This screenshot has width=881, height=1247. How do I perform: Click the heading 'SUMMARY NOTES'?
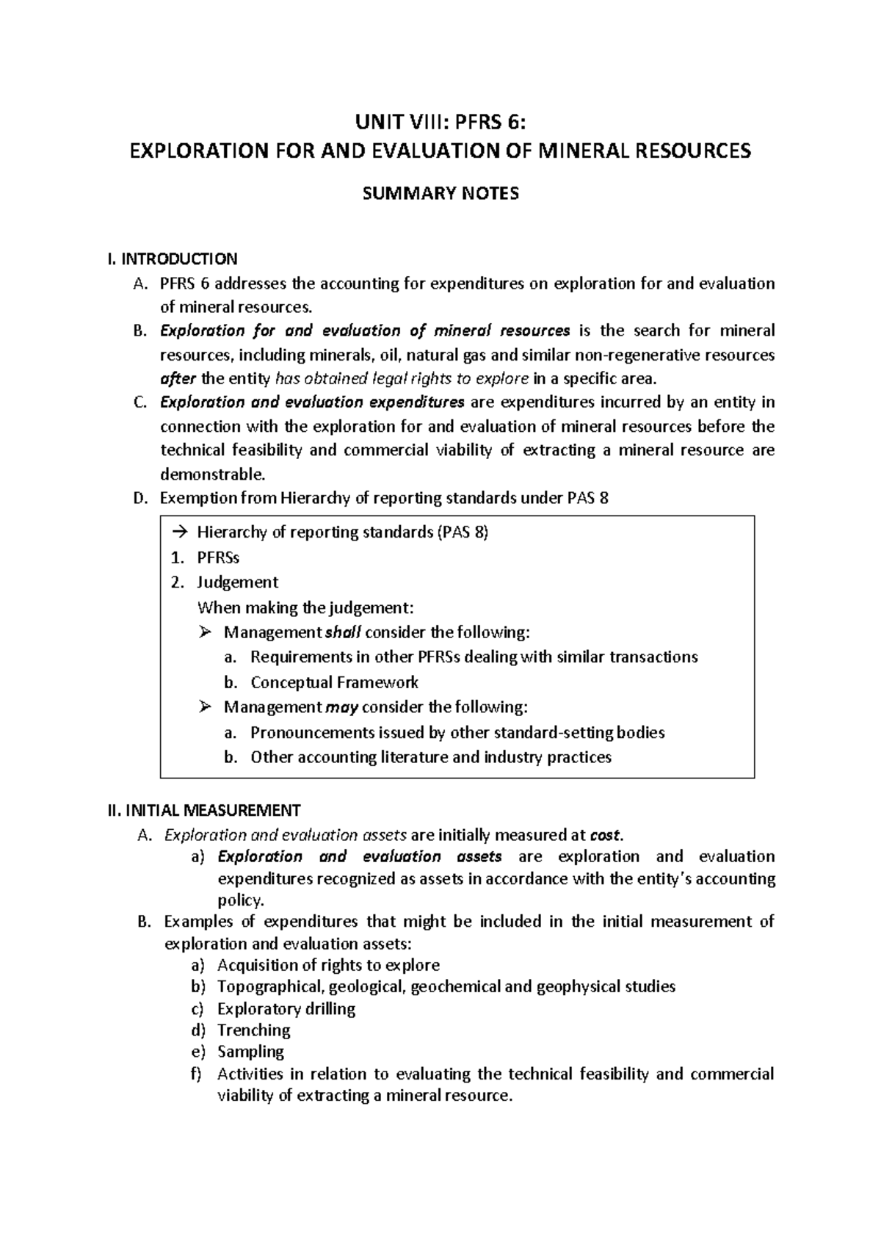click(x=440, y=193)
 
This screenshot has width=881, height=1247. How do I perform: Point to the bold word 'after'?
click(x=178, y=379)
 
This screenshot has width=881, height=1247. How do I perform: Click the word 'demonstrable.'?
click(x=211, y=474)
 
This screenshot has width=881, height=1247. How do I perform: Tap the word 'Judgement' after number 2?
click(x=237, y=582)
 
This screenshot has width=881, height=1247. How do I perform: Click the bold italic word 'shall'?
click(x=344, y=632)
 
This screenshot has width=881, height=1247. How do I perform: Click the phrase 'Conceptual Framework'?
click(x=334, y=682)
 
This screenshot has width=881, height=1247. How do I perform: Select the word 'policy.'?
click(x=240, y=900)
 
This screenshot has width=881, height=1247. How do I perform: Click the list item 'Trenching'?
click(x=254, y=1030)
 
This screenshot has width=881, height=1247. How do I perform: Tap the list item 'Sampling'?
click(x=250, y=1052)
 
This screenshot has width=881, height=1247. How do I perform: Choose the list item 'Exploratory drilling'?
click(x=286, y=1009)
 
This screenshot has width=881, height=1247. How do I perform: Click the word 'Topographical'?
click(x=271, y=987)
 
